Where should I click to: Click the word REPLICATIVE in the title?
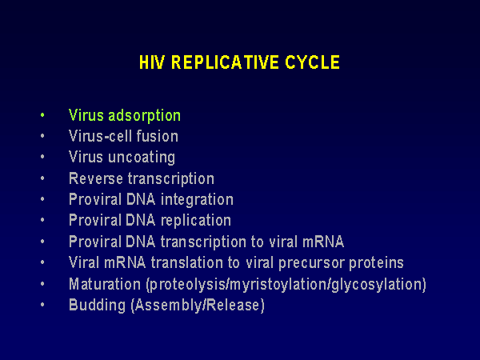pyautogui.click(x=225, y=62)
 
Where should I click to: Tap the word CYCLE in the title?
pyautogui.click(x=312, y=62)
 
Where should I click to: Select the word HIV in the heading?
pyautogui.click(x=152, y=62)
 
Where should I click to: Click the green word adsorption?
pyautogui.click(x=144, y=116)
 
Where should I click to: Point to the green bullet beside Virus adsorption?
pyautogui.click(x=42, y=115)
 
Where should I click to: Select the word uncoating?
pyautogui.click(x=142, y=158)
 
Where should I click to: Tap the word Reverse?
pyautogui.click(x=96, y=178)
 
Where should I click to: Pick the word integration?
pyautogui.click(x=197, y=200)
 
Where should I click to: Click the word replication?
pyautogui.click(x=196, y=221)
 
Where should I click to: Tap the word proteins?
pyautogui.click(x=376, y=263)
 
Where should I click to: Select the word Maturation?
pyautogui.click(x=105, y=284)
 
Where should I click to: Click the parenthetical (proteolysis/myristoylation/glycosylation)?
pyautogui.click(x=286, y=285)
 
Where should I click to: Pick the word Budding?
pyautogui.click(x=98, y=306)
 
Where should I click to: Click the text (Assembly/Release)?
pyautogui.click(x=198, y=306)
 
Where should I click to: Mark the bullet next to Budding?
pyautogui.click(x=42, y=305)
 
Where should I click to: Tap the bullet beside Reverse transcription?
pyautogui.click(x=42, y=178)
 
